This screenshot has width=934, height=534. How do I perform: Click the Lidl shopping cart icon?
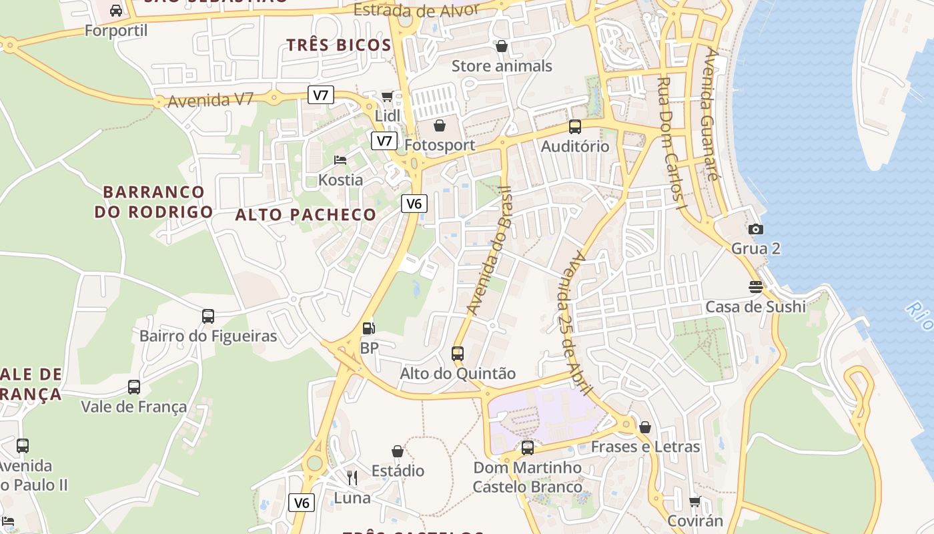[x=387, y=97]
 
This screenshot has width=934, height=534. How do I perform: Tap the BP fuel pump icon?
[x=368, y=328]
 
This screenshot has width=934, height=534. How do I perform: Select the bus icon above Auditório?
[x=574, y=126]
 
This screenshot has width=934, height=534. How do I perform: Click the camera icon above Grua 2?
[x=755, y=229]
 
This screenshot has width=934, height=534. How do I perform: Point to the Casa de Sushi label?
[x=755, y=307]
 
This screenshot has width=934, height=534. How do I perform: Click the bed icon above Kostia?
[x=340, y=160]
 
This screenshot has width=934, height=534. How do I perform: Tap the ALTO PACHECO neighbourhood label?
[x=306, y=214]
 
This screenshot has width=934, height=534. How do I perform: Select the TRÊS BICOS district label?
[x=339, y=45]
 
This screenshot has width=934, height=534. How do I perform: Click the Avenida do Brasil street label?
[x=488, y=250]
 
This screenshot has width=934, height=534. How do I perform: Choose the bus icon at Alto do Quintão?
[x=458, y=353]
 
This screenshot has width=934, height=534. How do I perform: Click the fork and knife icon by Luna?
[x=352, y=477]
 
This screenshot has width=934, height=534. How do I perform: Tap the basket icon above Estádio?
[x=398, y=451]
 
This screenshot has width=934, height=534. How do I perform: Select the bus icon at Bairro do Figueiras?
[x=208, y=316]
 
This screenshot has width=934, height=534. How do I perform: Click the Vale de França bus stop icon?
[x=134, y=386]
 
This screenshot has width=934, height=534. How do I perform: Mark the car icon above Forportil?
[x=116, y=10]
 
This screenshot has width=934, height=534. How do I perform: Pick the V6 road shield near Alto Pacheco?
[x=414, y=204]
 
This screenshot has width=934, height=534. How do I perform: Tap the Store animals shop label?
[x=502, y=66]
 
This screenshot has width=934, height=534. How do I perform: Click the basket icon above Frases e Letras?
[x=645, y=427]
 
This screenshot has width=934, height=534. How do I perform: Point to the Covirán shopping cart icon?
[x=694, y=501]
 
